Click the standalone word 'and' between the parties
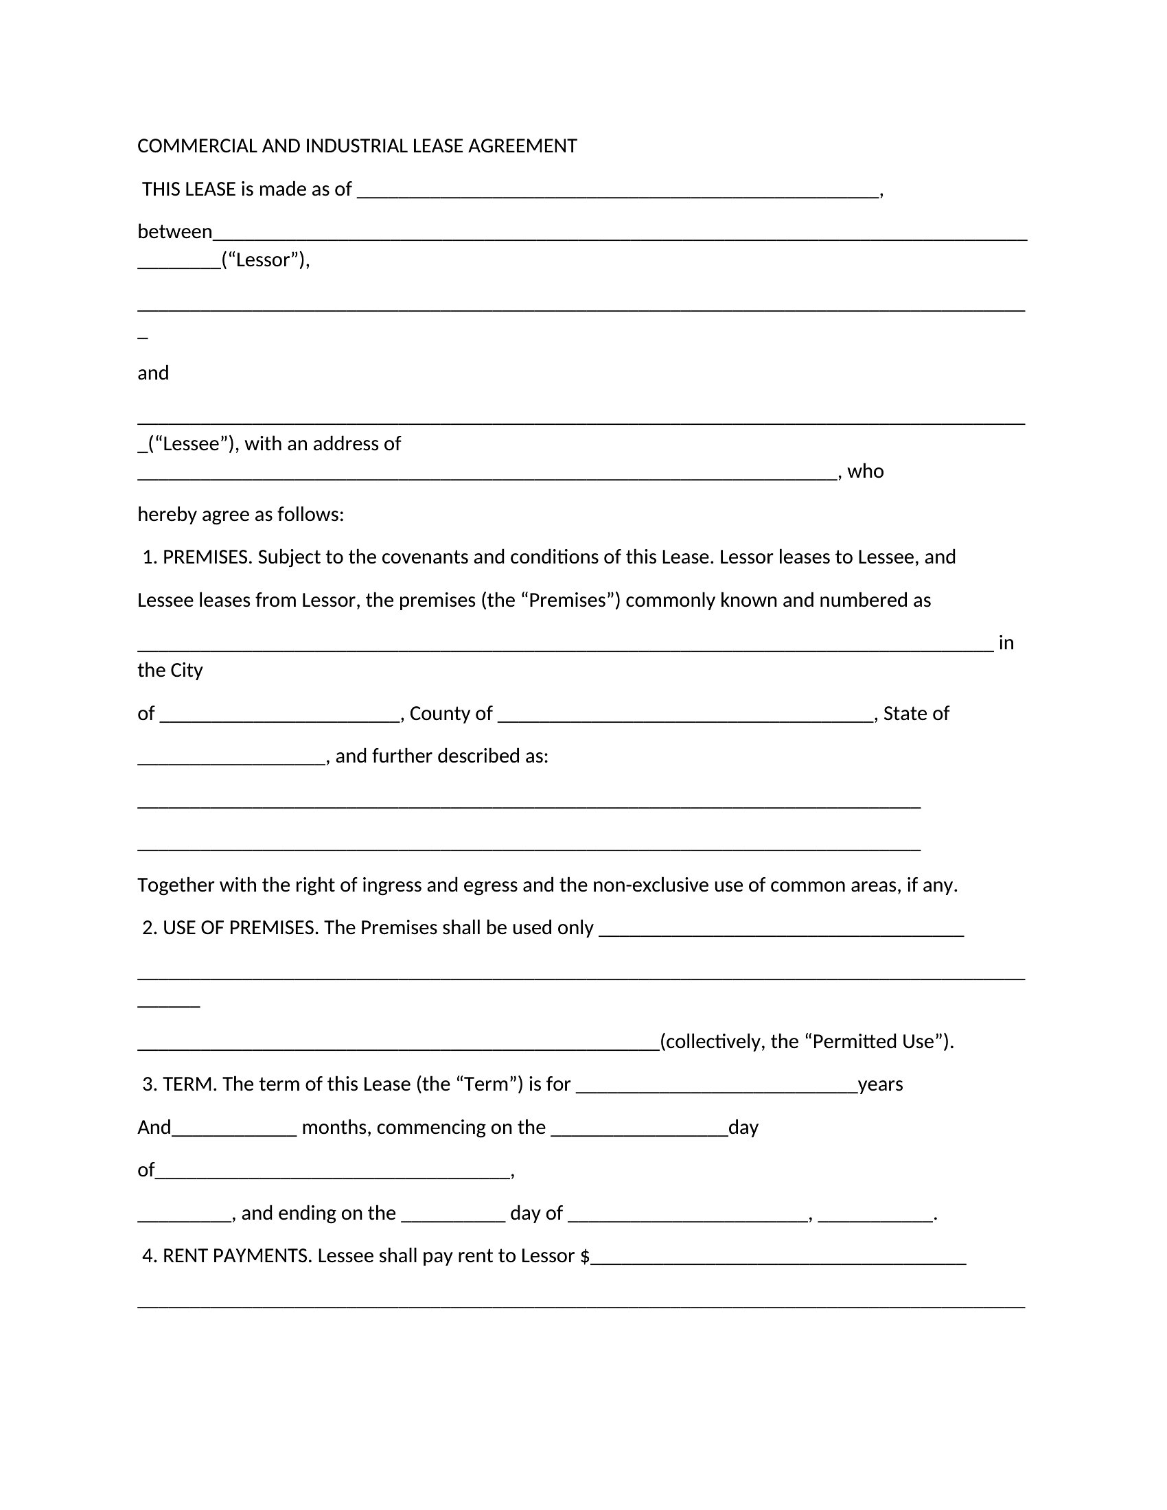tap(153, 373)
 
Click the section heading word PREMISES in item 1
tap(207, 557)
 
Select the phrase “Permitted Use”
tap(877, 1042)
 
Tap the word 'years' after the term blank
tap(880, 1084)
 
